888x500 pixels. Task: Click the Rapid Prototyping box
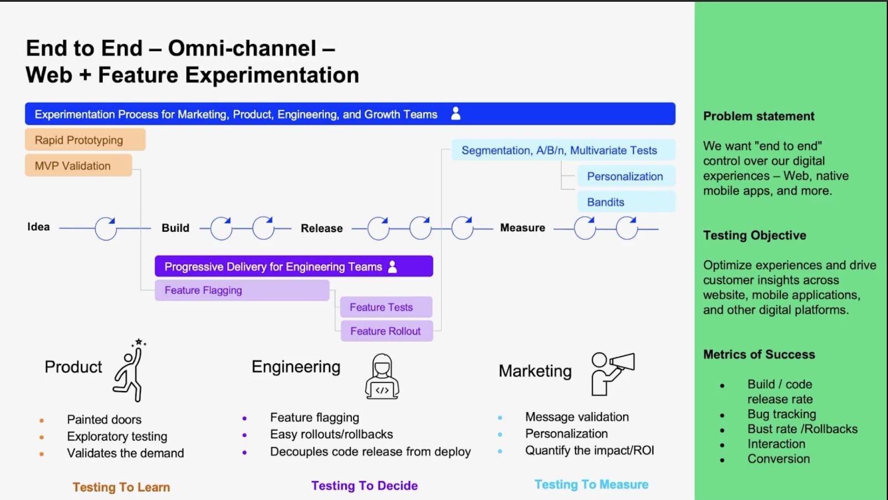85,140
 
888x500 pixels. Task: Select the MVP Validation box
78,166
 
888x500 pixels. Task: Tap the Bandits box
626,202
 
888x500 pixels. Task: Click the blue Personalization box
626,177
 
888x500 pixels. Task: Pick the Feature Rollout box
386,331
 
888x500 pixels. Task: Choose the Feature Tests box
386,307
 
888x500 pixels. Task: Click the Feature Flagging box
242,291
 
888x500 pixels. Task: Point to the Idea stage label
38,227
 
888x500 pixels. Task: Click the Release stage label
322,228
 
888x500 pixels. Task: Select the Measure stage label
522,228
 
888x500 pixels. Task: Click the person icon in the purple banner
393,267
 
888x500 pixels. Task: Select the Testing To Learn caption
121,487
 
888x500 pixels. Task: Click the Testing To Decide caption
364,486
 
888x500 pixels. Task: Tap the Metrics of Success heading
759,354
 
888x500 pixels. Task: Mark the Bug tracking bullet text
781,414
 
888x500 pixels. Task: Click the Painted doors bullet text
104,419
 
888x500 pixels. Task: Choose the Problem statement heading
759,116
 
